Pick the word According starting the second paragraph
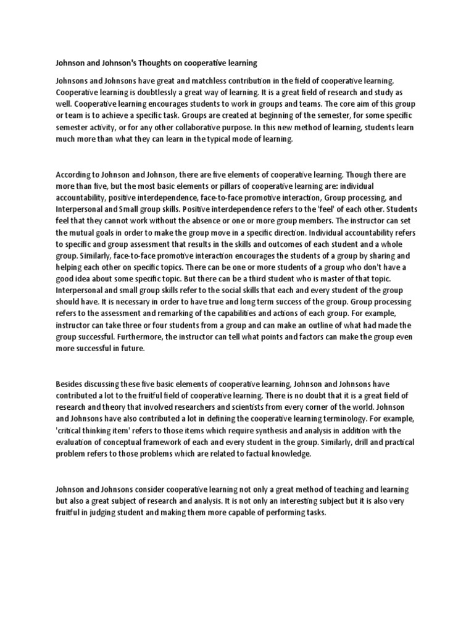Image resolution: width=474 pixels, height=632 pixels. (x=75, y=175)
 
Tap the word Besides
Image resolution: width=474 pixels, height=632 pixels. (x=70, y=384)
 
